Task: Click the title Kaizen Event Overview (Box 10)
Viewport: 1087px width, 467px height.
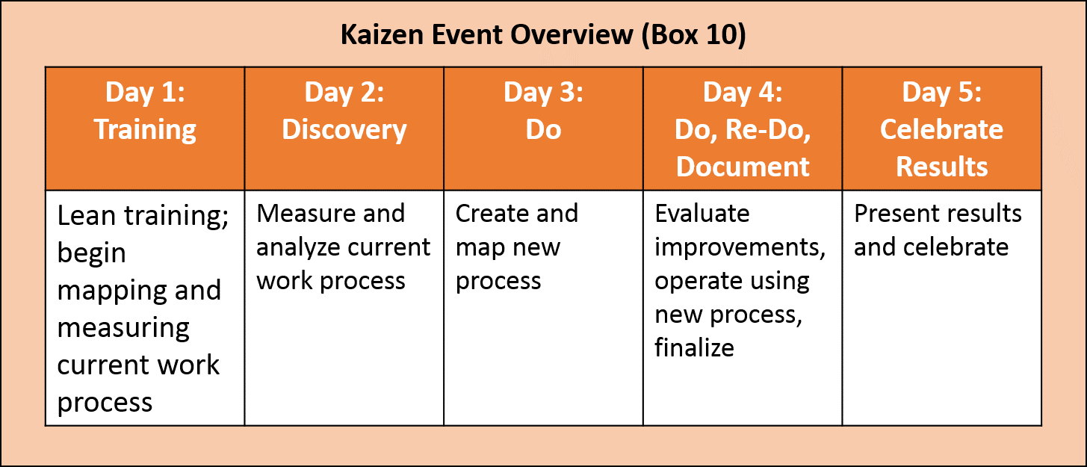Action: [543, 36]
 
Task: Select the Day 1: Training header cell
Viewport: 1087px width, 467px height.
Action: [145, 112]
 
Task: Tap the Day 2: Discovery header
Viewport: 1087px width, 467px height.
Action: [344, 112]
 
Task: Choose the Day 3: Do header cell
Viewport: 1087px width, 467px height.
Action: [543, 112]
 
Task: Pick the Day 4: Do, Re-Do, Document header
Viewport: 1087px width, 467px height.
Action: [743, 129]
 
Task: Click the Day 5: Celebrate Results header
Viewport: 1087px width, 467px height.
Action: [941, 129]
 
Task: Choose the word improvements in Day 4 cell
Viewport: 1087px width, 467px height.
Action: [740, 247]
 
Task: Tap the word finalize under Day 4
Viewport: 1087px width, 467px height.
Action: [694, 347]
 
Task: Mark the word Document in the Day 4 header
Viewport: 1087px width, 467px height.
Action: [743, 166]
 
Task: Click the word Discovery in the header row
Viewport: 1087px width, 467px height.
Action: [344, 129]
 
